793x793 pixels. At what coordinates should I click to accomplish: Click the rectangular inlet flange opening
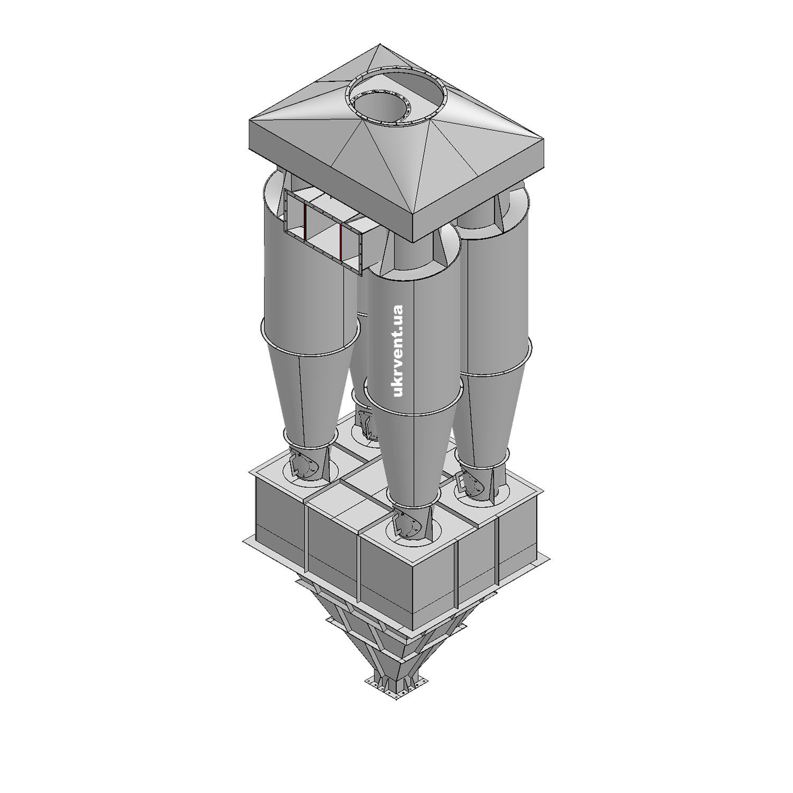click(323, 230)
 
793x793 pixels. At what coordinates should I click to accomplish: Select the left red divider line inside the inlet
click(305, 223)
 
